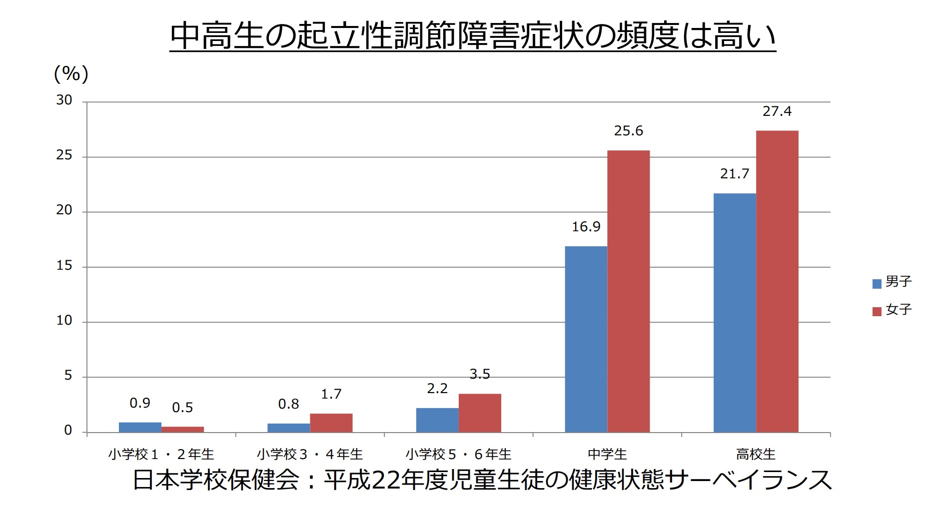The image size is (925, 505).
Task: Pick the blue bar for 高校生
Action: pyautogui.click(x=734, y=313)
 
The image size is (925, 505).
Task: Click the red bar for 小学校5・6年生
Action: pyautogui.click(x=479, y=413)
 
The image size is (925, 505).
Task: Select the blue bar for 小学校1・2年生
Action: pyautogui.click(x=140, y=427)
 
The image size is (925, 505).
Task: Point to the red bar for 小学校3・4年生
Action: pyautogui.click(x=331, y=423)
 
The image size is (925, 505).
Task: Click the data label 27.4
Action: pyautogui.click(x=777, y=111)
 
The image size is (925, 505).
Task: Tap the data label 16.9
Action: pyautogui.click(x=586, y=227)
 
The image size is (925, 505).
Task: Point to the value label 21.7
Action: pyautogui.click(x=734, y=174)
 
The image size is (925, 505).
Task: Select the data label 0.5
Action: pyautogui.click(x=182, y=408)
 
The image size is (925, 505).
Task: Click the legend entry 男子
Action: pyautogui.click(x=892, y=282)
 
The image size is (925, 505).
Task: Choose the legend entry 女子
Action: pyautogui.click(x=892, y=310)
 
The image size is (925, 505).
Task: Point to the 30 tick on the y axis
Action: pyautogui.click(x=64, y=100)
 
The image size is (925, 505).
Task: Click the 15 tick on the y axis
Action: pyautogui.click(x=64, y=266)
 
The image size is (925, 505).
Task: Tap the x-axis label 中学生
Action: pyautogui.click(x=607, y=454)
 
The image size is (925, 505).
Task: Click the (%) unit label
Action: pyautogui.click(x=71, y=74)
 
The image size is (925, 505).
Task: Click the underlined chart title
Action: pyautogui.click(x=472, y=35)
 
